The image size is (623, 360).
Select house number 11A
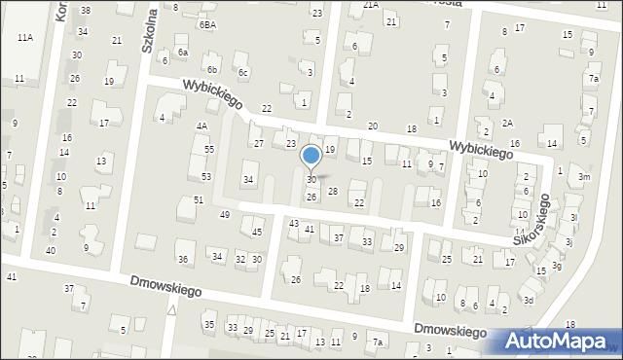[25, 37]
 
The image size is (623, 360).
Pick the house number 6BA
[207, 24]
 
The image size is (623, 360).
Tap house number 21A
[371, 5]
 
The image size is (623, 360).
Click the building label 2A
[508, 123]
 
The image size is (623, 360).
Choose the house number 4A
[202, 126]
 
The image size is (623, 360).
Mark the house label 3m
[582, 177]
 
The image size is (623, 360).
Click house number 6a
[182, 52]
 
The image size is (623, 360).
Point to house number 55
[209, 149]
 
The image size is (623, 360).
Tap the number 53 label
[206, 176]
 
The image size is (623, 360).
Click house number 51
[199, 199]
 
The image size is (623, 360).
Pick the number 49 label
[224, 214]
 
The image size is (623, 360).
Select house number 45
[257, 233]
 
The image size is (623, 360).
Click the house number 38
[86, 10]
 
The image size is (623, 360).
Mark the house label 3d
[529, 301]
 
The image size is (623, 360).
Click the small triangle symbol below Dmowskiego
[171, 310]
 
